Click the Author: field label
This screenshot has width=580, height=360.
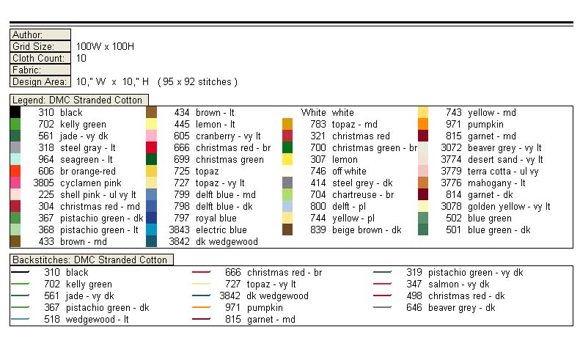28,34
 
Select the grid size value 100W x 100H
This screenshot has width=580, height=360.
105,46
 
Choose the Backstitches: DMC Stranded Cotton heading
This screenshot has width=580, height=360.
89,260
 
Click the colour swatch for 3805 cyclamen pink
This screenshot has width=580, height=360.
15,183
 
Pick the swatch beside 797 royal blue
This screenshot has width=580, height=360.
151,218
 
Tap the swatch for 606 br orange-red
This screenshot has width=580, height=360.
15,171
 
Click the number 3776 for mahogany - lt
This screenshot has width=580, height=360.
451,183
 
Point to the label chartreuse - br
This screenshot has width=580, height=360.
363,194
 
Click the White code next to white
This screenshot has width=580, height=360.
313,113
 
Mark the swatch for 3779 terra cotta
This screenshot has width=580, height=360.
423,171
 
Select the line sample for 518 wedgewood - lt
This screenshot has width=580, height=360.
20,320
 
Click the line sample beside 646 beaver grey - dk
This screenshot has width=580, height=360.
382,308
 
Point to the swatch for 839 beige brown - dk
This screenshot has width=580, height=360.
287,229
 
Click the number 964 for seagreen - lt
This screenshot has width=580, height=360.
46,159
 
